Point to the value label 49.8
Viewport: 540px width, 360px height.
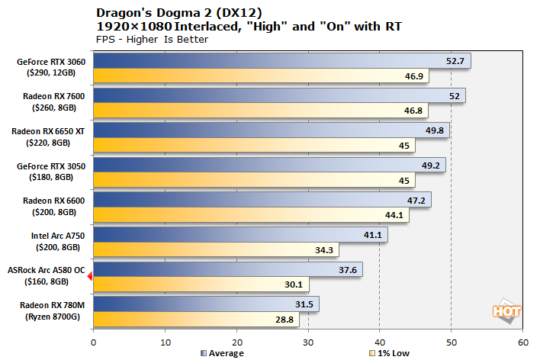click(435, 130)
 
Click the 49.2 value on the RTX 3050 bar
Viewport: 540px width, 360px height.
click(432, 165)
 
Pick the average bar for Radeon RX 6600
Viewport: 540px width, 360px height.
click(252, 200)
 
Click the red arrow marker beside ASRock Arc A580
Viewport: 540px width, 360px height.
click(90, 277)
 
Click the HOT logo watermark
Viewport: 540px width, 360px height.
click(502, 310)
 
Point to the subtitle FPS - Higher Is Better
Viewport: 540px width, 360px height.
click(152, 40)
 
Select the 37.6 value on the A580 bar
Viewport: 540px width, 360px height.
click(348, 269)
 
